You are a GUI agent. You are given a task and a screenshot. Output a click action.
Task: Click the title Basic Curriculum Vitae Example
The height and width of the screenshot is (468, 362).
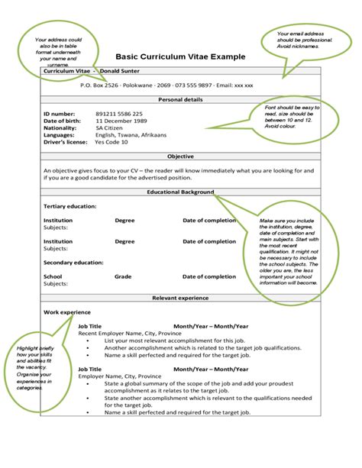180,56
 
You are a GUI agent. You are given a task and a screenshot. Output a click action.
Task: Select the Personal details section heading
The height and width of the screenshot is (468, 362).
180,99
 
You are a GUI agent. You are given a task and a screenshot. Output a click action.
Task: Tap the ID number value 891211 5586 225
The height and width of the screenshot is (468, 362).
118,114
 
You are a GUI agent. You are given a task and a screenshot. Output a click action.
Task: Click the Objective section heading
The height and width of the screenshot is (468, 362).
180,156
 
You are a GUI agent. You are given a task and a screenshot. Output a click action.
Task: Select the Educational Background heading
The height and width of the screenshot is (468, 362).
180,192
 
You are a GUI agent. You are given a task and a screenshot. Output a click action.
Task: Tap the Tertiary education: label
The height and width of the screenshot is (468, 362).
69,206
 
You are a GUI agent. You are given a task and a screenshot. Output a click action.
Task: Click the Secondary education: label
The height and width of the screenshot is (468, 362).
73,262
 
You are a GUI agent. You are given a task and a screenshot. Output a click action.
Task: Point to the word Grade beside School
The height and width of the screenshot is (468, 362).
123,276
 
